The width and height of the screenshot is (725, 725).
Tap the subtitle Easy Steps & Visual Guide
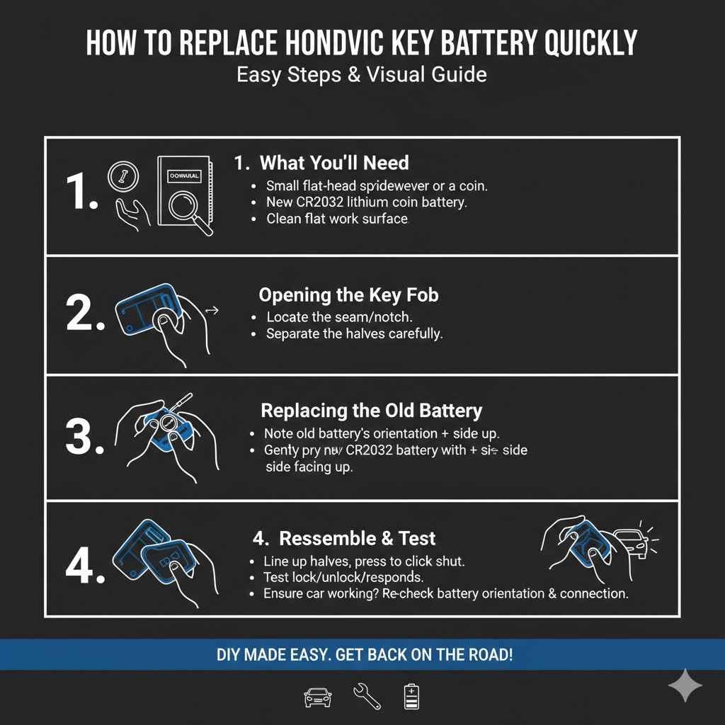click(362, 74)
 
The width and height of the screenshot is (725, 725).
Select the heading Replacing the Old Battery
click(371, 411)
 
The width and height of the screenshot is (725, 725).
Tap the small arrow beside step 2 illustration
click(211, 310)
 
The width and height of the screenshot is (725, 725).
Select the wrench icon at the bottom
click(366, 697)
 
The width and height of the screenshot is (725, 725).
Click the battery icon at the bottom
click(411, 697)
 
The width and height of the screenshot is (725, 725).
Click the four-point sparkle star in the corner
click(685, 685)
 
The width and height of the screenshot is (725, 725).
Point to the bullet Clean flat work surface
click(337, 219)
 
